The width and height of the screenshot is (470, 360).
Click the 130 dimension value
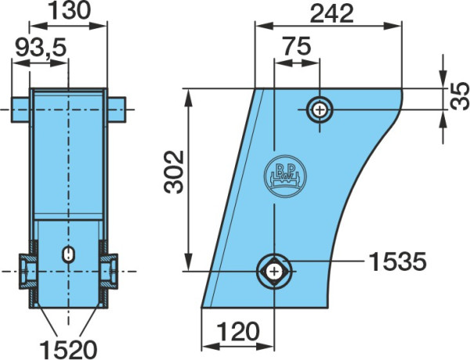pyautogui.click(x=69, y=11)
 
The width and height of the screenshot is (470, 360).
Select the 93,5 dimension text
pyautogui.click(x=41, y=48)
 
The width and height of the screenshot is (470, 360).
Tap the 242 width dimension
pyautogui.click(x=331, y=14)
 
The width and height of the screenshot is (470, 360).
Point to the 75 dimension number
pyautogui.click(x=297, y=46)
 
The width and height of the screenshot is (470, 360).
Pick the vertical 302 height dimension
pyautogui.click(x=174, y=172)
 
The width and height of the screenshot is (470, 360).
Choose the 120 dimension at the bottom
pyautogui.click(x=237, y=331)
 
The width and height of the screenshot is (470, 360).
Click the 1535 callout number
pyautogui.click(x=397, y=261)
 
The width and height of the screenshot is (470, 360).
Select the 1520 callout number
pyautogui.click(x=69, y=349)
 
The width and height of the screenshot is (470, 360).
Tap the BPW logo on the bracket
pyautogui.click(x=285, y=176)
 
